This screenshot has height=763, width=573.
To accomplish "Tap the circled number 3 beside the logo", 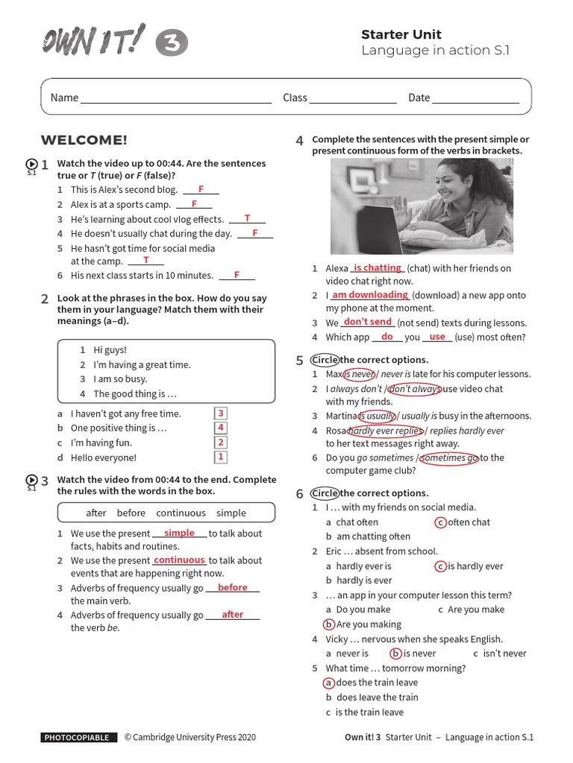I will (x=172, y=44).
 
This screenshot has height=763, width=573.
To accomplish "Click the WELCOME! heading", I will (x=84, y=140).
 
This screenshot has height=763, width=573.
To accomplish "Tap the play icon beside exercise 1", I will (x=31, y=165).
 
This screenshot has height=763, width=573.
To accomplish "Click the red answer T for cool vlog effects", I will (x=246, y=218).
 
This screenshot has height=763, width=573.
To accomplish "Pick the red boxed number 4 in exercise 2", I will (x=221, y=428).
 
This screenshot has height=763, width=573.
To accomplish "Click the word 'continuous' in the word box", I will (x=181, y=513).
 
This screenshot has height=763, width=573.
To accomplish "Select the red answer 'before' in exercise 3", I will (x=232, y=588).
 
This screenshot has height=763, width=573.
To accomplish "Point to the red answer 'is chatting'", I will (x=377, y=267).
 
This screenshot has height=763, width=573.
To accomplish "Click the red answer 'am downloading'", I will (x=369, y=295).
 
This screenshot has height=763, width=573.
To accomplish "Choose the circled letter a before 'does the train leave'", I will (x=328, y=683).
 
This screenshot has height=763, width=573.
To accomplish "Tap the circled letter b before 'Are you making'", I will (x=328, y=624).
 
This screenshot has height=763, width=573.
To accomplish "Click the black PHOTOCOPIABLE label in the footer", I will (x=79, y=738).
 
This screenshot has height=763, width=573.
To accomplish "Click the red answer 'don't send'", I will (x=367, y=322).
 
